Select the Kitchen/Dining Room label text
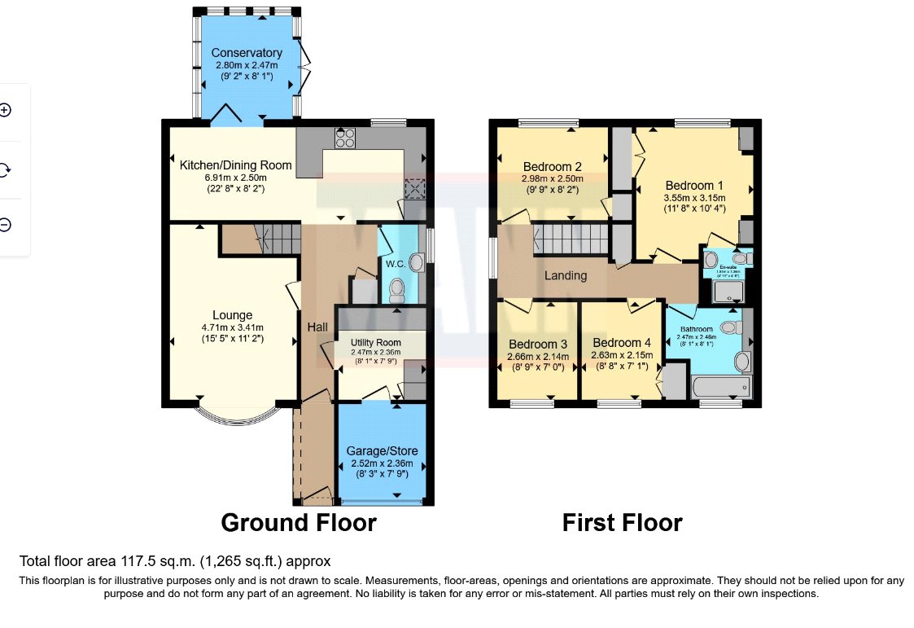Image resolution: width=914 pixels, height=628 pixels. click(224, 165)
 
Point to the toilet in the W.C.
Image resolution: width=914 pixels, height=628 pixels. click(398, 288)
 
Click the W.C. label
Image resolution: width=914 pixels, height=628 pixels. click(395, 264)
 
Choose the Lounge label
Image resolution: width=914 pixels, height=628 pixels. click(232, 315)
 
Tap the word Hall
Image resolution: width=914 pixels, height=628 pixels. click(317, 327)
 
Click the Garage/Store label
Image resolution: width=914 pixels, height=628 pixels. click(382, 450)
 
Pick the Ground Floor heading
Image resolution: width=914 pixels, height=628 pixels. click(299, 522)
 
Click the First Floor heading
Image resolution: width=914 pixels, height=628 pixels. click(622, 522)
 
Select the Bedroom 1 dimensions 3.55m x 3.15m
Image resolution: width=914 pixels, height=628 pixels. click(694, 197)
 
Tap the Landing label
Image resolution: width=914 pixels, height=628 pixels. click(566, 275)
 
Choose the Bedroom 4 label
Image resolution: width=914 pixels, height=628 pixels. click(622, 343)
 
